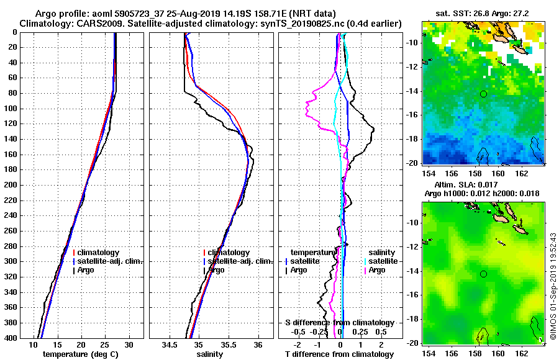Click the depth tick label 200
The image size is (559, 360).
point(11,185)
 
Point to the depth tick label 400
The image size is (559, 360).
point(11,338)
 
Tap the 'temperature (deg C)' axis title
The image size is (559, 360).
point(80,354)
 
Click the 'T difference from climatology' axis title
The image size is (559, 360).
point(339,354)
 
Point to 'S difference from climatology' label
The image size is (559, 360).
point(339,323)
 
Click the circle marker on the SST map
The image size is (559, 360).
point(483,94)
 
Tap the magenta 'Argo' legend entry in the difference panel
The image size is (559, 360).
point(376,270)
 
